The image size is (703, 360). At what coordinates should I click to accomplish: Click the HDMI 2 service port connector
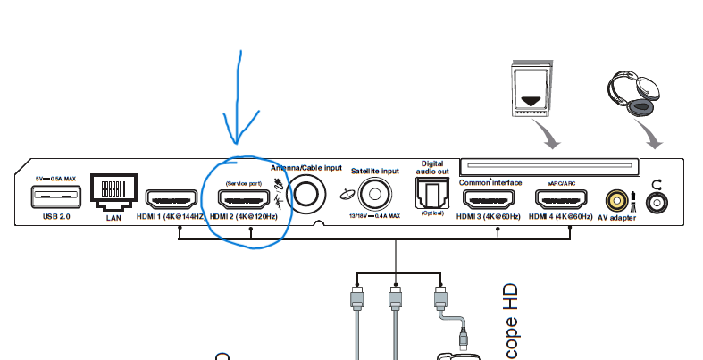click(x=244, y=199)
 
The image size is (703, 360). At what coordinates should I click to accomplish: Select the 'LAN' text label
click(x=113, y=217)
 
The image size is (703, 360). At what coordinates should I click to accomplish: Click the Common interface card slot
click(x=549, y=167)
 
